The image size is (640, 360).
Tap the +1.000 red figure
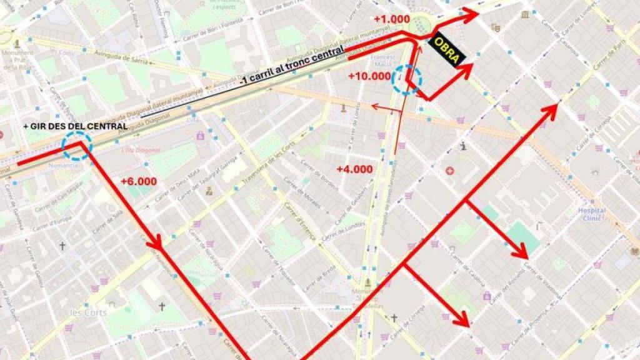[x=391, y=19]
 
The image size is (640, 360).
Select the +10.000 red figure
[x=369, y=76]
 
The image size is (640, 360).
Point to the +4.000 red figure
[x=354, y=169]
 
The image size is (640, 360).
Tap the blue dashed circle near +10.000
[x=406, y=79]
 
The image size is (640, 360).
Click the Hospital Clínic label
[x=591, y=214]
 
